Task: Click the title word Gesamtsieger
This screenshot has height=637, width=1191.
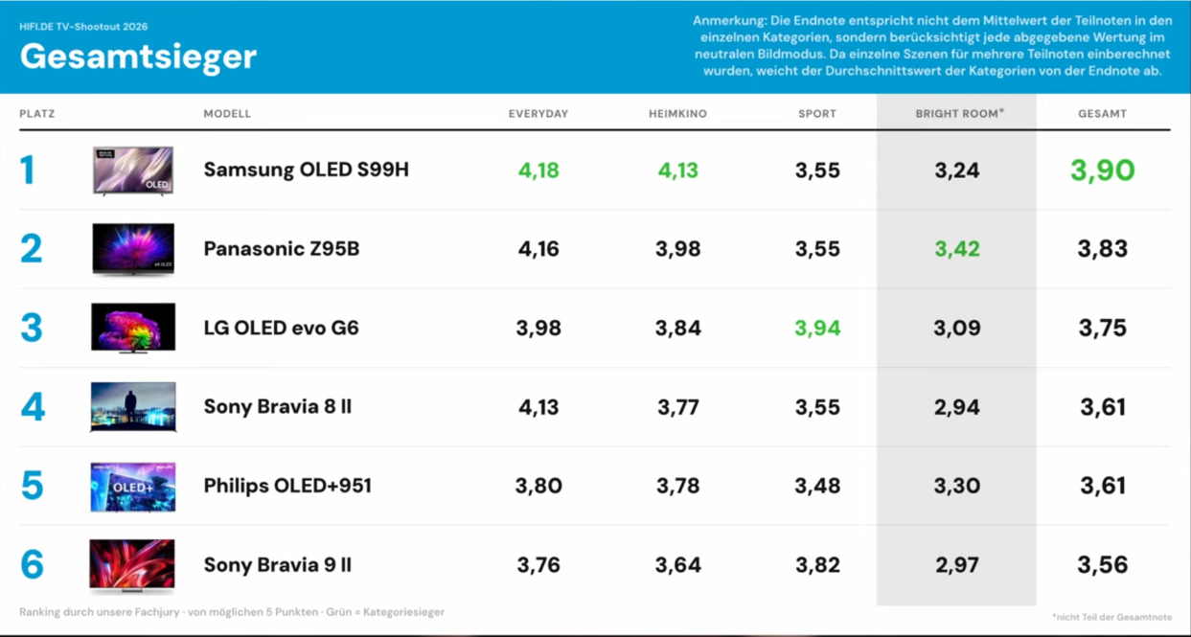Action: (x=138, y=57)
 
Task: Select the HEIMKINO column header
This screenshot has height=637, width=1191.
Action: (x=678, y=114)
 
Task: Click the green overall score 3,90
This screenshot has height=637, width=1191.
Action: (x=1102, y=171)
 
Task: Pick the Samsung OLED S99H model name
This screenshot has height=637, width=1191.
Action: (x=307, y=170)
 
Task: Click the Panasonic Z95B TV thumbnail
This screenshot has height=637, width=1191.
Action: (x=133, y=249)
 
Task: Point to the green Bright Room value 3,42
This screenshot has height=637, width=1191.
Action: (x=957, y=249)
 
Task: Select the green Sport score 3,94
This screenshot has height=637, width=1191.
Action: (x=817, y=328)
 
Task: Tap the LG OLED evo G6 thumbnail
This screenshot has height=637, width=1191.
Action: (x=133, y=328)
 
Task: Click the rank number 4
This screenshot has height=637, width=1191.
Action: (x=33, y=407)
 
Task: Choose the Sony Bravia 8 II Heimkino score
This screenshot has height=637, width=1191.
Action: (x=678, y=407)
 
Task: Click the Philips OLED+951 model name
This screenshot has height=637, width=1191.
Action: (x=287, y=486)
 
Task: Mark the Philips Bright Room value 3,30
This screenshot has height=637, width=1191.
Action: (x=957, y=486)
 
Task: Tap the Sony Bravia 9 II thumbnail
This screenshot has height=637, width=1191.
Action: (x=132, y=566)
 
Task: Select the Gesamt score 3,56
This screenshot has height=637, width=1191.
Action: (x=1102, y=565)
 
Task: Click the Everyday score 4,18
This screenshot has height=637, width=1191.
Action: (x=538, y=171)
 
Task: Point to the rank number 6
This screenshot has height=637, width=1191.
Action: (x=32, y=565)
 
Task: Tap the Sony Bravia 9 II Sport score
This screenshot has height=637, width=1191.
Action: (x=817, y=565)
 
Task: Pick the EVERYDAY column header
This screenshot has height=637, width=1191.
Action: (x=538, y=114)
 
